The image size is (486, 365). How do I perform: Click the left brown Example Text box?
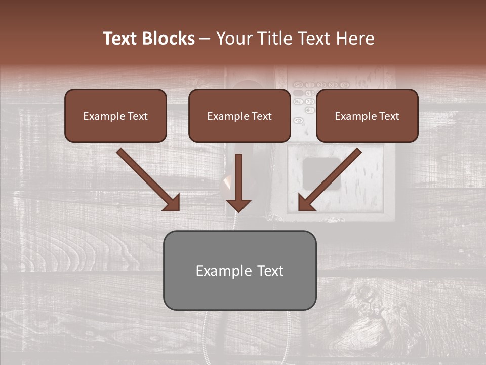(115, 116)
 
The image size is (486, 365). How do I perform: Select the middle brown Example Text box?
(239, 116)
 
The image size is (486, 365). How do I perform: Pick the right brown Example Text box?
(367, 116)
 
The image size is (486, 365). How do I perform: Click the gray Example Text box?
(239, 270)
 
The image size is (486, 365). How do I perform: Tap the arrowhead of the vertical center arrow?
(238, 205)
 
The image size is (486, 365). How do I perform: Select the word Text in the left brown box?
(137, 116)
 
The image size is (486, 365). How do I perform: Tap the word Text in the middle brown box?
(261, 116)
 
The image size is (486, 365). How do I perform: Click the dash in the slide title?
(205, 39)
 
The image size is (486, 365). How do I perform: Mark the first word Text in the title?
(120, 39)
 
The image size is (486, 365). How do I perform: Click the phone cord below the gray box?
(205, 335)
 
